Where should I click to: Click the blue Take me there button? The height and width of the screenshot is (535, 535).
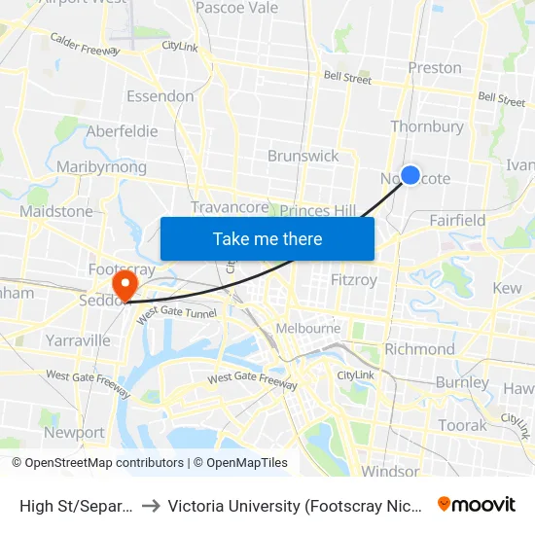pos(267,238)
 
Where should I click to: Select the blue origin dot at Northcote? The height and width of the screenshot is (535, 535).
pos(410,175)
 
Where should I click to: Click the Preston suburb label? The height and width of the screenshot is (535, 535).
pos(435,68)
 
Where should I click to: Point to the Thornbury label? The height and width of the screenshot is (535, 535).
pos(427,126)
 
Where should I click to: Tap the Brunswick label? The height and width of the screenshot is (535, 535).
pos(303,156)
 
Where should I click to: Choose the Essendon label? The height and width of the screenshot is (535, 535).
pos(160,96)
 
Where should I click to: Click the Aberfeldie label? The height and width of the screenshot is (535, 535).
pos(123,131)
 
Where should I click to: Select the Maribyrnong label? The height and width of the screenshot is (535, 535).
pos(101,167)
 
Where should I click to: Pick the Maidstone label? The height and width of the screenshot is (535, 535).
pos(56,211)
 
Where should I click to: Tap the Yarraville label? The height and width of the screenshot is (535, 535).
pos(79,340)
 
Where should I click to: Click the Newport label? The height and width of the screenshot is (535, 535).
pos(74,432)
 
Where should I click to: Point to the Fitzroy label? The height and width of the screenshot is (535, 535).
pos(354,279)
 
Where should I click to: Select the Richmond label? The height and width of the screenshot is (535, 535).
pos(419,349)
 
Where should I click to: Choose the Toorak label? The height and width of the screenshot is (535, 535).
pos(462,425)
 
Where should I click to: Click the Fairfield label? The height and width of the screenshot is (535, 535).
pos(457,221)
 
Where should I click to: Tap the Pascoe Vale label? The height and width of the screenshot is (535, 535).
pos(236,8)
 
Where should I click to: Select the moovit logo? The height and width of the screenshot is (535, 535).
pos(477,505)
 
